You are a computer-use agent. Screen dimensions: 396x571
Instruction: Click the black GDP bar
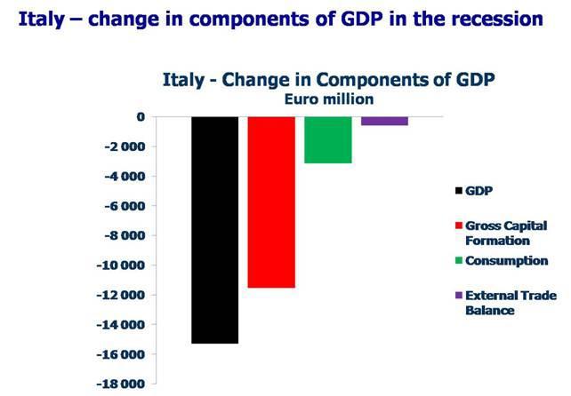coord(214,229)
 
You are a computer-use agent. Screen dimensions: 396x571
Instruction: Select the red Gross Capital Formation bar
coord(271,202)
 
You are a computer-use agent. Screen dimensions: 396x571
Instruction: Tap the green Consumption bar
coord(327,139)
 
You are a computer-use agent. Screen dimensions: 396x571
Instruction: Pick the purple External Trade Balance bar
coord(384,121)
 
